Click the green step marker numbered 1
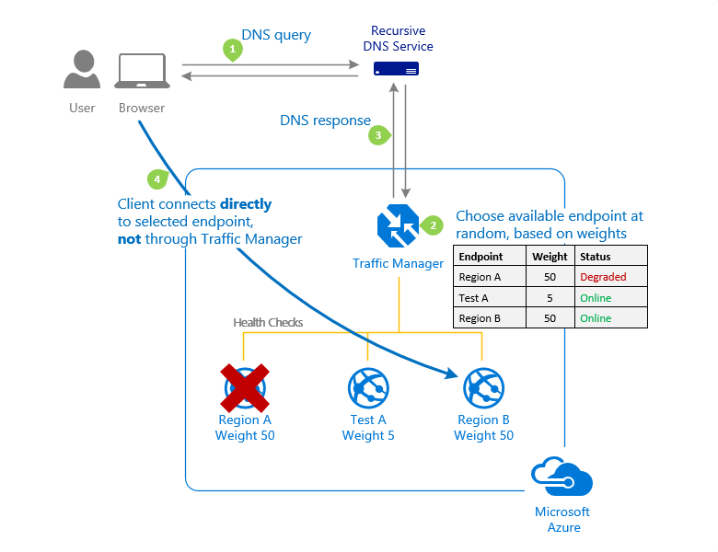point(233,49)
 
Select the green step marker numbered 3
point(377,134)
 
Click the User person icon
point(82,70)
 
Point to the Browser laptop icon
point(141,72)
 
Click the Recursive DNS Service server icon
point(396,69)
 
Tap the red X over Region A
point(244,387)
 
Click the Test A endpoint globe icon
point(368,387)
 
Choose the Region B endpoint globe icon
point(483,387)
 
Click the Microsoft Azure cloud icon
point(562,478)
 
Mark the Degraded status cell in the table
point(603,277)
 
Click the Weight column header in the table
point(550,257)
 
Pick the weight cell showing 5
point(550,298)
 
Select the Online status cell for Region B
point(596,318)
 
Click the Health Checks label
point(268,322)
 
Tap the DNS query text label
point(276,36)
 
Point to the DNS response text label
point(325,121)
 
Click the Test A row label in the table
point(475,298)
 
